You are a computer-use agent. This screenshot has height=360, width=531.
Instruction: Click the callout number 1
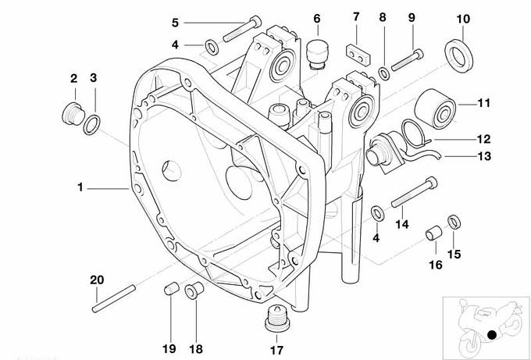point(80,187)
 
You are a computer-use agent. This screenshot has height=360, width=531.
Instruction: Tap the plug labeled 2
point(72,113)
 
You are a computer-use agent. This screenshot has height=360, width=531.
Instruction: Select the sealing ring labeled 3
point(92,122)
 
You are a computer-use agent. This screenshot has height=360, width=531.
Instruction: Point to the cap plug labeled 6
point(315,52)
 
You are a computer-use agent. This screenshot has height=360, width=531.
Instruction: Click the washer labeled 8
point(384,73)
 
